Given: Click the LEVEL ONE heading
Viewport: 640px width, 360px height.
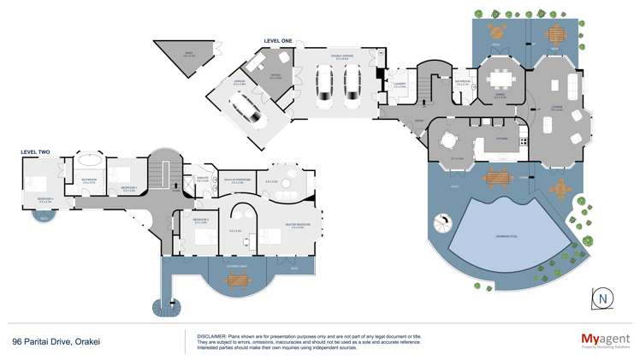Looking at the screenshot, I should click(278, 41).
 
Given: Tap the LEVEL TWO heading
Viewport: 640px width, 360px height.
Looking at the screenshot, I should click(35, 152).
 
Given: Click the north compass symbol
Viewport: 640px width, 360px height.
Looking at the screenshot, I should click(605, 297).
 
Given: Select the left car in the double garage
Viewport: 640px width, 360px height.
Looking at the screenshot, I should click(325, 85).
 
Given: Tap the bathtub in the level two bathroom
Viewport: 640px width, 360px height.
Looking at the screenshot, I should click(89, 162).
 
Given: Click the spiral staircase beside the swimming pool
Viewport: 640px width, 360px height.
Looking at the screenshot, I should click(444, 227).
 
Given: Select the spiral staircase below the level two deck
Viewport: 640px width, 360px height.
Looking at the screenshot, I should click(162, 304).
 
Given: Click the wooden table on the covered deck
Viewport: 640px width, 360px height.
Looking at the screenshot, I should click(235, 279).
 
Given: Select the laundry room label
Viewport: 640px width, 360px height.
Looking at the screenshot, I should click(400, 84).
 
